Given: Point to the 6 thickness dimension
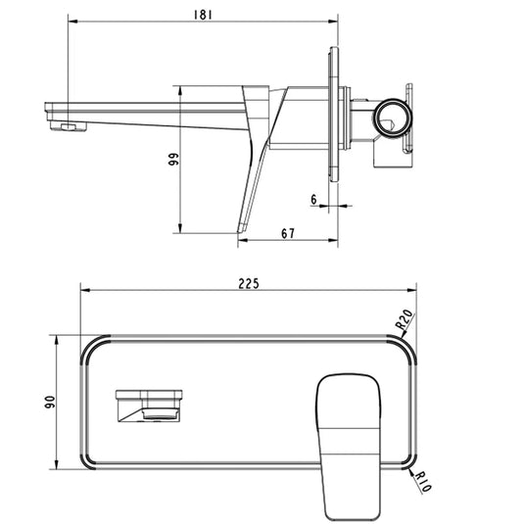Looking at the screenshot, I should point(312,200).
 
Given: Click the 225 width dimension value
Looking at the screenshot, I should point(248,283).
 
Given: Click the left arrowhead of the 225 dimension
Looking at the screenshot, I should point(82,291).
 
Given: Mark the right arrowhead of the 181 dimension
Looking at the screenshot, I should point(334,23).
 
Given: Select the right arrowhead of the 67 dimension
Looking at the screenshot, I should point(334,240).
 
